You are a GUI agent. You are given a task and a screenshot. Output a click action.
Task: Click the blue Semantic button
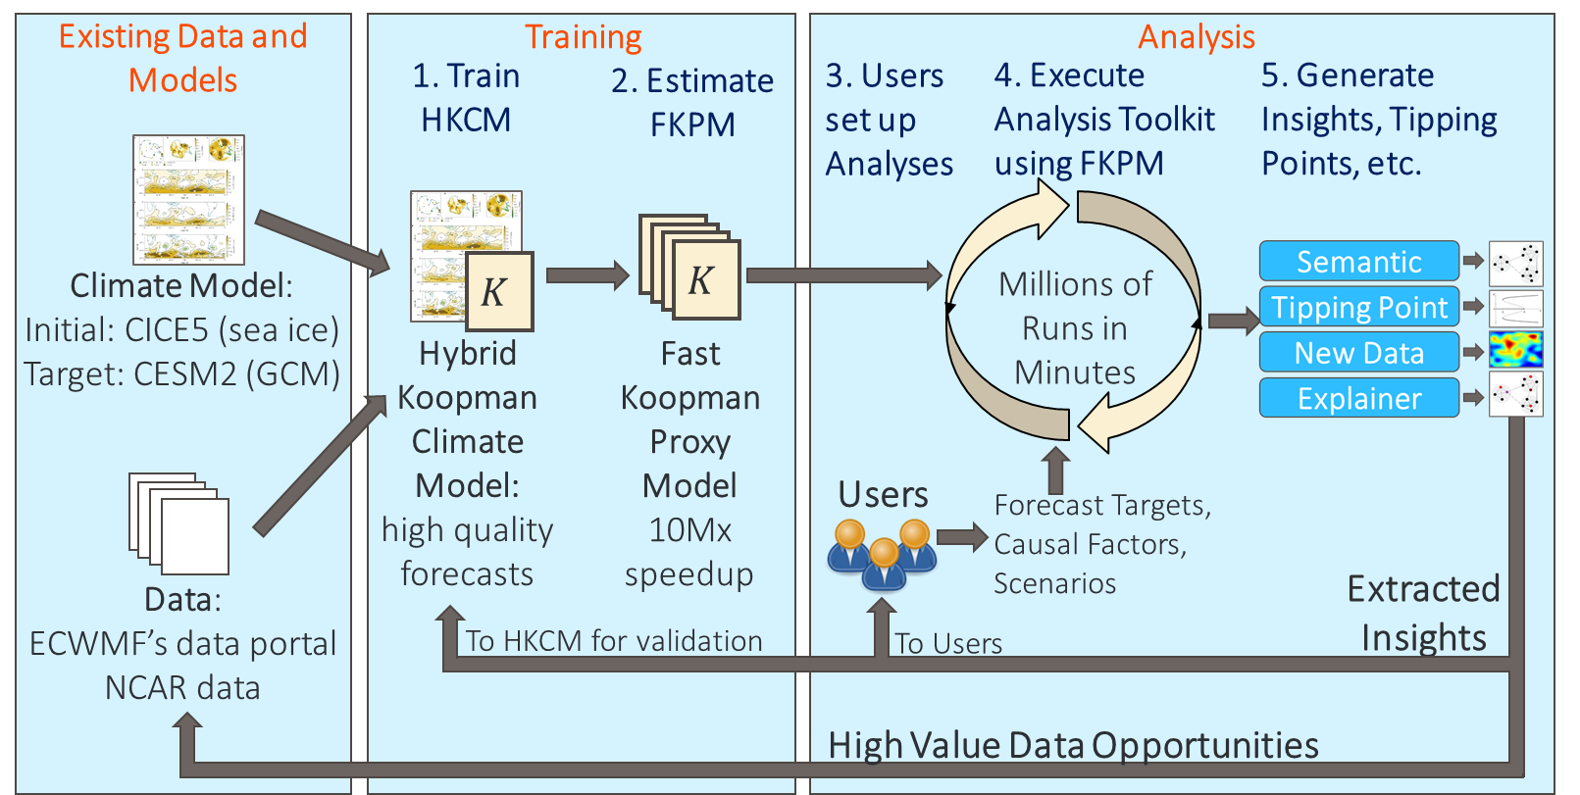coord(1358,261)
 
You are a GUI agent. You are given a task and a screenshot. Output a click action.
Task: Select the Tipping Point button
coord(1358,307)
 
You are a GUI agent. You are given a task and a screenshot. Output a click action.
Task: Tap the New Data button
coord(1358,352)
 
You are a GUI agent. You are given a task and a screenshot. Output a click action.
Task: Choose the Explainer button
coord(1358,398)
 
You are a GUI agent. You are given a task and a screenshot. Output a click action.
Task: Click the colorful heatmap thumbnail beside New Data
coord(1516,350)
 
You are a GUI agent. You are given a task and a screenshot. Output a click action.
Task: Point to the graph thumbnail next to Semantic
coord(1516,263)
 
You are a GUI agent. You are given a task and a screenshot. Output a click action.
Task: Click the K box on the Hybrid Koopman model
coord(498,291)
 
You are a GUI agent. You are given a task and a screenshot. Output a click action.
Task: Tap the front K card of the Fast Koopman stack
coord(706,279)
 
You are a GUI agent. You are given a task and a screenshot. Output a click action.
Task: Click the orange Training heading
coord(583,36)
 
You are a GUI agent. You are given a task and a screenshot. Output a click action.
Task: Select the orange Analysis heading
coord(1197,36)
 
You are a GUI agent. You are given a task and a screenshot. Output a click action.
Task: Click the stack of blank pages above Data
coord(179,522)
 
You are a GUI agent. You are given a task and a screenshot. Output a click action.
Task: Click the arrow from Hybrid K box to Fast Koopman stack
coord(587,274)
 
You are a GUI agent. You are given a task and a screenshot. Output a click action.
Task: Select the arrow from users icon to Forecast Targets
coord(962,537)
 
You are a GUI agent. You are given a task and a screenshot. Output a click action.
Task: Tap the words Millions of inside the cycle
coord(1075,284)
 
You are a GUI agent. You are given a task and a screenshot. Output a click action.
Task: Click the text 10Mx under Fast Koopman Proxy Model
coord(689,530)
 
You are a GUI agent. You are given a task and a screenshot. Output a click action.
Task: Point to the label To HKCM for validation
coord(614,641)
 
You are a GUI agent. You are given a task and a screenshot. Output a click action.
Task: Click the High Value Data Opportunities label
coord(1073,745)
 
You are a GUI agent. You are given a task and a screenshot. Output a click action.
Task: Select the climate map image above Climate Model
coord(189,199)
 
